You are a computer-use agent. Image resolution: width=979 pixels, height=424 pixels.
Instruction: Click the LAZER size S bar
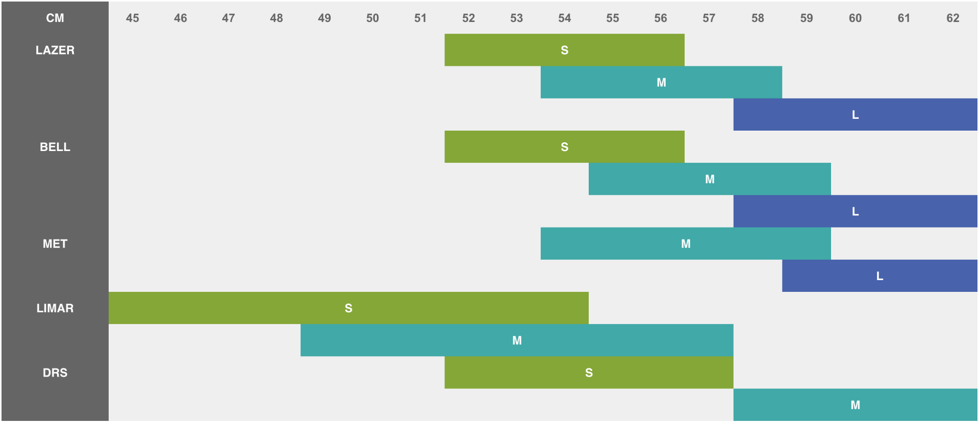[x=564, y=50]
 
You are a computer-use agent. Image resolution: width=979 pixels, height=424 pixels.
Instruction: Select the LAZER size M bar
[x=661, y=82]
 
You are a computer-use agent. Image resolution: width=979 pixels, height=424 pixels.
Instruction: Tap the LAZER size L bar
[x=856, y=114]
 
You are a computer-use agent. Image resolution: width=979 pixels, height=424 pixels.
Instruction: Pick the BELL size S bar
[x=564, y=147]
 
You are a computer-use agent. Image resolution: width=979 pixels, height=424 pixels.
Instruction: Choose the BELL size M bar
[x=710, y=179]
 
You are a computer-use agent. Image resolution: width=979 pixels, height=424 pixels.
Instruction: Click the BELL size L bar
[x=856, y=211]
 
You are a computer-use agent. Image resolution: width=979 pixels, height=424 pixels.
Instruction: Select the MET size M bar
[x=686, y=243]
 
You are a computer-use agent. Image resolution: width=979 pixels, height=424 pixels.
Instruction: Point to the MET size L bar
[x=880, y=276]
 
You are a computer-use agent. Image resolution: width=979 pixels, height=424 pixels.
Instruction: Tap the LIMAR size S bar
[x=348, y=308]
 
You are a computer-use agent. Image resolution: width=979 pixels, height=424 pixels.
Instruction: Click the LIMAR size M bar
[x=517, y=340]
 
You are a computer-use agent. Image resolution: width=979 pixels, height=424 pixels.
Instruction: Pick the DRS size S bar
[x=589, y=372]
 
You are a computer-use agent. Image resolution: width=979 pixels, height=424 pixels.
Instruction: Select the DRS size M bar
[x=856, y=405]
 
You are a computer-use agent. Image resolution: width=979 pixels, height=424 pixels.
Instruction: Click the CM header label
[x=55, y=18]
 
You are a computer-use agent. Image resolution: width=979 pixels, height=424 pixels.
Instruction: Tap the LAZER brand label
[x=55, y=50]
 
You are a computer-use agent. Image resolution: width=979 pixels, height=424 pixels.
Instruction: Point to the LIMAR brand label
[x=55, y=308]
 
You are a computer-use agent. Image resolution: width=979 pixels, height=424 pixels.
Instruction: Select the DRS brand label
[x=55, y=372]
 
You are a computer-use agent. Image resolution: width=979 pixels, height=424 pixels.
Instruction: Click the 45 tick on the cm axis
[x=133, y=18]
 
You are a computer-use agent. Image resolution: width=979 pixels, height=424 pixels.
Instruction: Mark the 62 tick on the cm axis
[x=953, y=18]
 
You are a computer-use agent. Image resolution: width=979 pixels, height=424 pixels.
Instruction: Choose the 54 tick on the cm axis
[x=565, y=18]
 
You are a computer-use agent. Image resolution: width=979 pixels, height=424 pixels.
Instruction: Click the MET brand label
[x=55, y=243]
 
